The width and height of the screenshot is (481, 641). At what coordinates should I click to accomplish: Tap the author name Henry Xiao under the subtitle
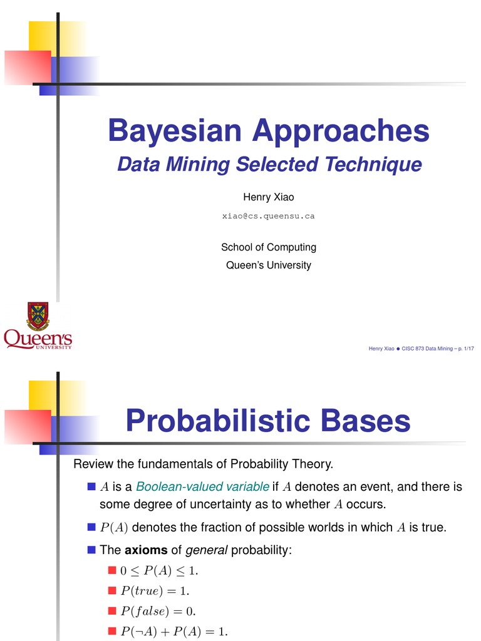268,197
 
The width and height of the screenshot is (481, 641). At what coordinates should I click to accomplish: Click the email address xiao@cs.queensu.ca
268,216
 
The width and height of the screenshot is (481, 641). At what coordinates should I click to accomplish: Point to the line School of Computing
268,247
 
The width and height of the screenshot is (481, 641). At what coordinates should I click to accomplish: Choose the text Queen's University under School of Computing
268,265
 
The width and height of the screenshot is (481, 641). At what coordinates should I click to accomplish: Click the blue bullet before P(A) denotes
91,526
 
